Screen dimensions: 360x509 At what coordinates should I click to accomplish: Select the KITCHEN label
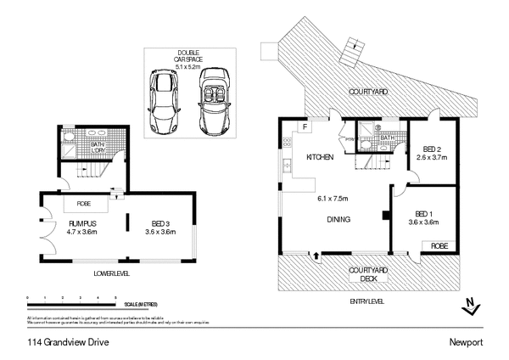320,158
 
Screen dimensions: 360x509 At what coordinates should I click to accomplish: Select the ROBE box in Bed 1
439,245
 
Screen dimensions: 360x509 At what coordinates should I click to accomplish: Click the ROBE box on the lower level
84,204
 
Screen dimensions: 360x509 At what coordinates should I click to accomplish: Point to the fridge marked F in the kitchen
304,127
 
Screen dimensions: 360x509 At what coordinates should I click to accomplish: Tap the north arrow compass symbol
470,305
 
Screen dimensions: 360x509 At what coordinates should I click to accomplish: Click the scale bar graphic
72,300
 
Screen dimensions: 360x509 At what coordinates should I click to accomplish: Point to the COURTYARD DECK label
368,274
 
